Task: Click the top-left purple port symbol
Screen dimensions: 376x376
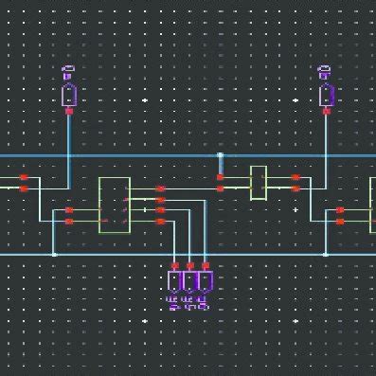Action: (x=69, y=95)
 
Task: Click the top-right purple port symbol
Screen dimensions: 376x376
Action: (x=326, y=95)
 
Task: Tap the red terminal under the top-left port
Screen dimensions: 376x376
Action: (x=69, y=112)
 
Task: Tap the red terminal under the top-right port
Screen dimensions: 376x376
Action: (x=326, y=112)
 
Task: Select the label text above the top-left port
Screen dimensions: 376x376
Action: (x=68, y=70)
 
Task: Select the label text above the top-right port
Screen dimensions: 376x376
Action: (x=325, y=70)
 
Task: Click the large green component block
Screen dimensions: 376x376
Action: (x=114, y=205)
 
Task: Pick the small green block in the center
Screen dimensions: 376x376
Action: (x=258, y=183)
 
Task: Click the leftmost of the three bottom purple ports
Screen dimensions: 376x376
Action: (x=175, y=281)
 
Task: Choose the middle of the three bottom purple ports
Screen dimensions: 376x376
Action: (x=190, y=281)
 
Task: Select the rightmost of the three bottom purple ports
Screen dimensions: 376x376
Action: (x=205, y=281)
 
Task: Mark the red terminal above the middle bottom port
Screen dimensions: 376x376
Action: (x=190, y=265)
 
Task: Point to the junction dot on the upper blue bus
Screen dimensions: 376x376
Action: (x=220, y=155)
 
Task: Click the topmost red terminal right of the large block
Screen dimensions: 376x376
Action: (x=160, y=188)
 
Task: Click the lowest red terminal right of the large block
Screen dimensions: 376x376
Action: (x=160, y=222)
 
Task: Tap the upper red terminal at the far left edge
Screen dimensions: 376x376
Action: (x=24, y=177)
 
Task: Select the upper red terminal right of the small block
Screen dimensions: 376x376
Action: (x=295, y=177)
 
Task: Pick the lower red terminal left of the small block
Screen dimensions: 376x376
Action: (x=220, y=188)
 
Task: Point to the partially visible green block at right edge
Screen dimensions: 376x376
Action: (x=371, y=206)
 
